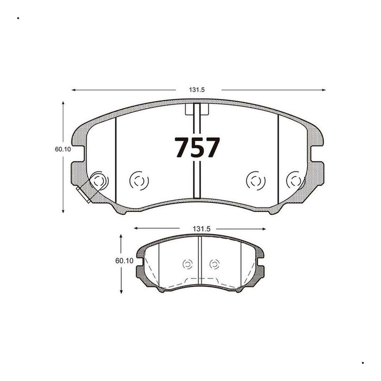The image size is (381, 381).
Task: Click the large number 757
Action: (x=197, y=147)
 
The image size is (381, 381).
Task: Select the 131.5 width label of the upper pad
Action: (x=197, y=90)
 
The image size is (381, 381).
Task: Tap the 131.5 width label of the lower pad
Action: (x=201, y=229)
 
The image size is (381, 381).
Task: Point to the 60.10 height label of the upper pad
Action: (x=63, y=149)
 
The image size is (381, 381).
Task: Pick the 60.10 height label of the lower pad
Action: (x=124, y=261)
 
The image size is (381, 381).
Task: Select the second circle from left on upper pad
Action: (x=139, y=181)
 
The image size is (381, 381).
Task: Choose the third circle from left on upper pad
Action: (x=256, y=181)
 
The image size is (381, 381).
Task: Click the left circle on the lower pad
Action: (x=188, y=264)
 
